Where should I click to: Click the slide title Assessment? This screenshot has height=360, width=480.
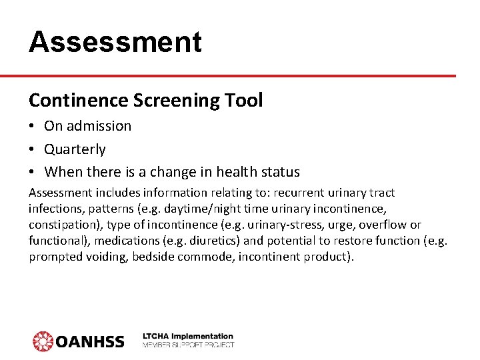coord(115,41)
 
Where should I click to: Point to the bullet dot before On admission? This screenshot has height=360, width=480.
coord(33,126)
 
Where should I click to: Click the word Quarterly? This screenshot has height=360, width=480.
coord(75,149)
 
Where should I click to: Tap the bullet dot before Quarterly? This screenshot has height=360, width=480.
coord(33,149)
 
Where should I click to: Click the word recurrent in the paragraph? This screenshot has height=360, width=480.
coord(280,193)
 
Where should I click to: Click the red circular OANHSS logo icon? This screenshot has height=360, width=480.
coord(43,341)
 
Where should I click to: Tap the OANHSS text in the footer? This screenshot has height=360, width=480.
coord(89,342)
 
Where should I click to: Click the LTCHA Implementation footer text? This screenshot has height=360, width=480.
coord(188,337)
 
